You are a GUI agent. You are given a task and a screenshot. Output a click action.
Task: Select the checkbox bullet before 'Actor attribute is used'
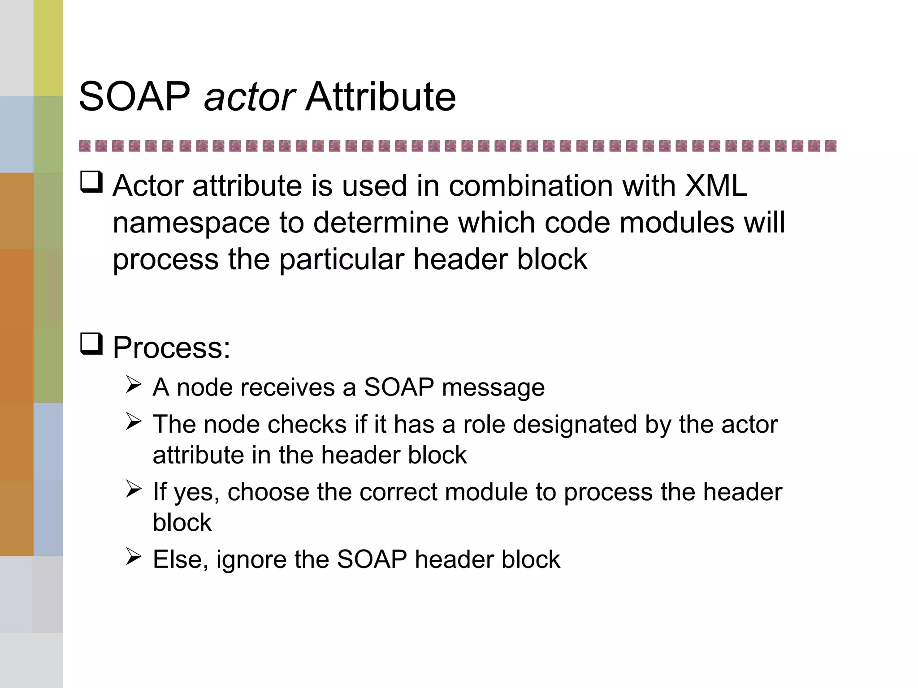click(x=91, y=182)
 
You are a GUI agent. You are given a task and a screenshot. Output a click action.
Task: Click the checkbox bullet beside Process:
click(x=91, y=344)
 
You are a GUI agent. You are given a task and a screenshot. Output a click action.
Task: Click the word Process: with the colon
click(x=171, y=348)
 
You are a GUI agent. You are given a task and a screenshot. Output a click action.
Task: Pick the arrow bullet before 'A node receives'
click(x=134, y=384)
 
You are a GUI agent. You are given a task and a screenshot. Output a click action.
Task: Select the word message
click(x=493, y=388)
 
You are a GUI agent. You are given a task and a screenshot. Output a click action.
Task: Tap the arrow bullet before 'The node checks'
click(x=134, y=421)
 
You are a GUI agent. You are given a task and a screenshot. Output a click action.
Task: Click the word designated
click(x=575, y=425)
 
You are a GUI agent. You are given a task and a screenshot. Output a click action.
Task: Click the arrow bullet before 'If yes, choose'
click(x=134, y=489)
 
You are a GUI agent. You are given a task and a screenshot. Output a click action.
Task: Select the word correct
click(x=398, y=492)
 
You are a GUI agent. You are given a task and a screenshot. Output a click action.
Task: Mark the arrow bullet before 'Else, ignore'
click(x=134, y=556)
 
